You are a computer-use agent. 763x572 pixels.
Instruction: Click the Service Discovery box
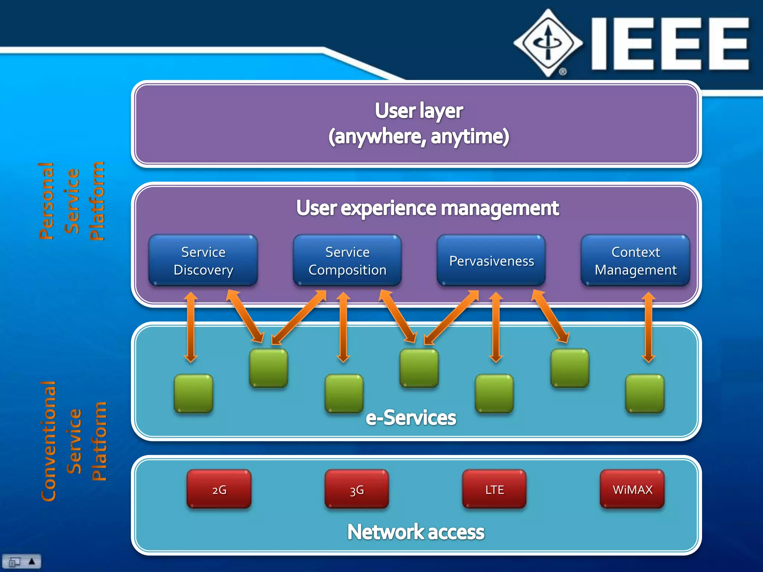(x=203, y=261)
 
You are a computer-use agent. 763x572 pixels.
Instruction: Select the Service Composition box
(x=347, y=261)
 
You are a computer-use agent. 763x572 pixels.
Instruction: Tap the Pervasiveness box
(x=491, y=261)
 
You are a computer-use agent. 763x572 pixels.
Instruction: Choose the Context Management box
(x=636, y=261)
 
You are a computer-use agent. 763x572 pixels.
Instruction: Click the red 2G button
(x=219, y=489)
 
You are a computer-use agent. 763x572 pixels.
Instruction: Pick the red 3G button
(x=357, y=489)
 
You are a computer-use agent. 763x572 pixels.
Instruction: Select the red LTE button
(x=494, y=489)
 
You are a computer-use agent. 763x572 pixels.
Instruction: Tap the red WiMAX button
(x=632, y=489)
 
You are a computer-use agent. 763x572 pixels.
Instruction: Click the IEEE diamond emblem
(x=548, y=43)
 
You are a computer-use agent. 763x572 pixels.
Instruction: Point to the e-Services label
(x=411, y=418)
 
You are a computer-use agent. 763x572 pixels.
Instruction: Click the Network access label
(x=416, y=532)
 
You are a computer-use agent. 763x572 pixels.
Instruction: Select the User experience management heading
(x=427, y=208)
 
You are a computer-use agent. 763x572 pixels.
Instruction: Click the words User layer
(x=419, y=111)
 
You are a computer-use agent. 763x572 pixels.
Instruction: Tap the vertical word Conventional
(x=48, y=441)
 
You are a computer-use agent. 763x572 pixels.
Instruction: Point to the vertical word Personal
(x=47, y=201)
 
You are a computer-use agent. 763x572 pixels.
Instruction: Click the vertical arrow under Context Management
(x=648, y=327)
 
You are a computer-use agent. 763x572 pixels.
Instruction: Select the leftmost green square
(x=194, y=394)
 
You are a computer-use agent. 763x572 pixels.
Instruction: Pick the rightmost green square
(x=645, y=394)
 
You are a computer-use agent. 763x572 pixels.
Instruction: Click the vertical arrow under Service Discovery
(x=191, y=327)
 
